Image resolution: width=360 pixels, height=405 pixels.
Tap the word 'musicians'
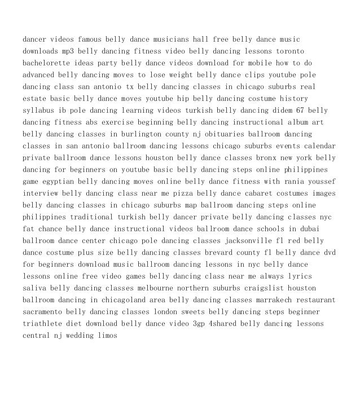point(188,39)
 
